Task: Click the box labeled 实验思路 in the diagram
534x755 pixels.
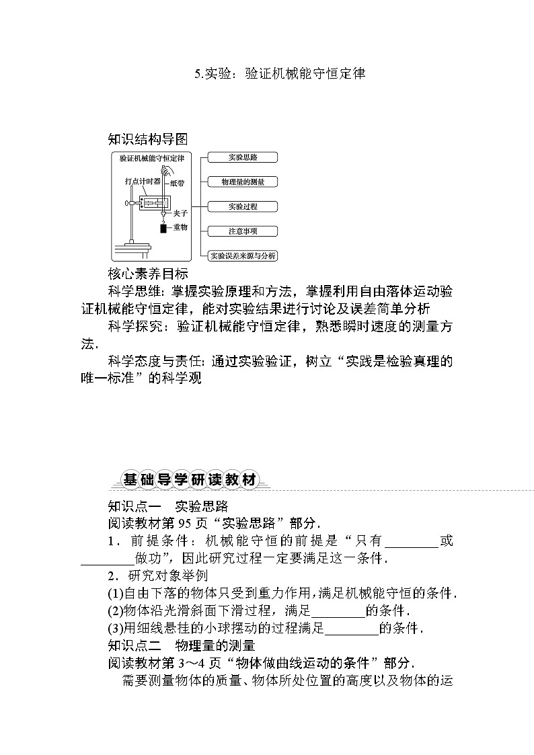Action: pyautogui.click(x=243, y=157)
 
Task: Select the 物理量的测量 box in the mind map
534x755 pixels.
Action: pyautogui.click(x=243, y=182)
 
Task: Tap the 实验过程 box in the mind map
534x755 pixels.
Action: pyautogui.click(x=243, y=206)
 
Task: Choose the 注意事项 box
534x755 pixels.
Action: pyautogui.click(x=243, y=231)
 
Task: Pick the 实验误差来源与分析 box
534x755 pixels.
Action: pyautogui.click(x=243, y=255)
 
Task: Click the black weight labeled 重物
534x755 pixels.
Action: pyautogui.click(x=163, y=229)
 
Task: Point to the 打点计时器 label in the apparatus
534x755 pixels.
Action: pyautogui.click(x=142, y=181)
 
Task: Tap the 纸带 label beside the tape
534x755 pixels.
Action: pyautogui.click(x=179, y=182)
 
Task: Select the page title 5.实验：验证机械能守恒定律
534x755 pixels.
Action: pyautogui.click(x=280, y=74)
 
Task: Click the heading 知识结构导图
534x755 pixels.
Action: pyautogui.click(x=147, y=139)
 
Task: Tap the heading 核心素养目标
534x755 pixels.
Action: pyautogui.click(x=147, y=274)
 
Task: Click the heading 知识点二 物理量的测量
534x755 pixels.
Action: pyautogui.click(x=182, y=646)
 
